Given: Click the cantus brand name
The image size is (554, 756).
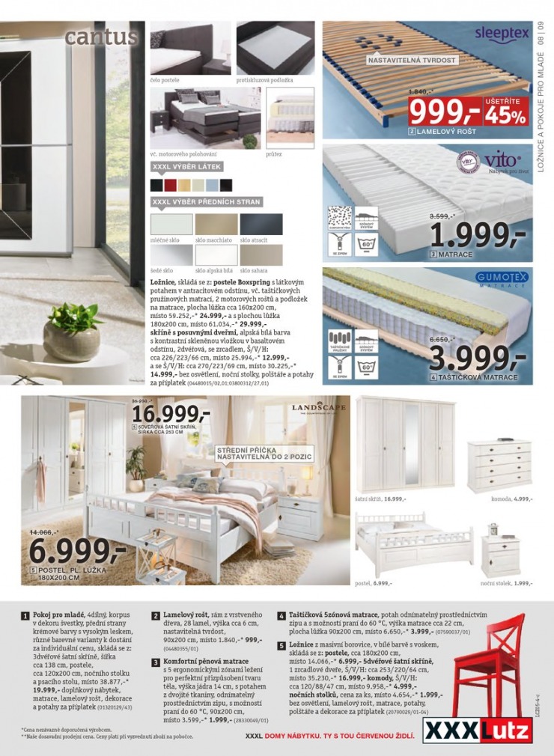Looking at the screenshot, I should pos(100,37).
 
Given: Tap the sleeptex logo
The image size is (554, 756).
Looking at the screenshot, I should pos(501,34).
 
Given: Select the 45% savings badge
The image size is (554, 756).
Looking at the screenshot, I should pos(507,111).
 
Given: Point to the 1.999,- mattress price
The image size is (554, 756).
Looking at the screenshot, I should pos(479,234).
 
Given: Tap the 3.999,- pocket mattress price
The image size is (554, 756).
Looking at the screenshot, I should pos(479,354).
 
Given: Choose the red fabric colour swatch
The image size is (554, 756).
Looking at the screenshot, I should pos(170,184).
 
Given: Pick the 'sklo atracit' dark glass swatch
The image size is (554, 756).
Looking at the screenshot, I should pos(261,224).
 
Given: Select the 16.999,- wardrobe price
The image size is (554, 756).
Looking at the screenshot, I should pos(171,415).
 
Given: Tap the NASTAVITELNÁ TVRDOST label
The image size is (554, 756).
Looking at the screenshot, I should pos(410,59).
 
